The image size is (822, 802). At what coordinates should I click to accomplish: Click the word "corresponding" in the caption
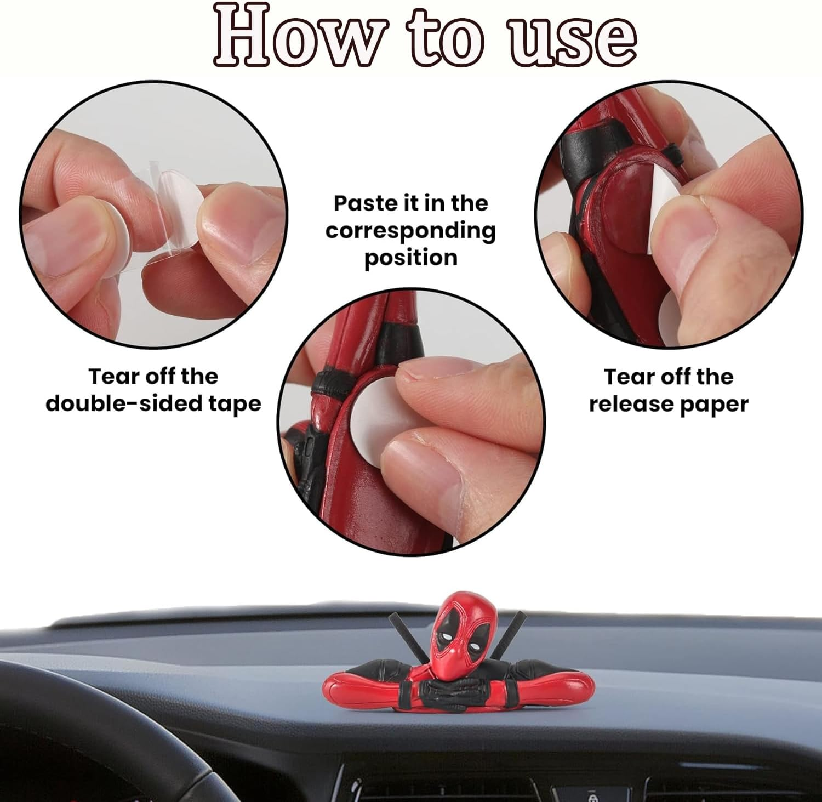(x=410, y=230)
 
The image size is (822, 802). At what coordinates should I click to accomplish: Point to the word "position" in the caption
(x=411, y=257)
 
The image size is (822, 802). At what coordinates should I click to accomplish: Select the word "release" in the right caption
(x=630, y=404)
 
